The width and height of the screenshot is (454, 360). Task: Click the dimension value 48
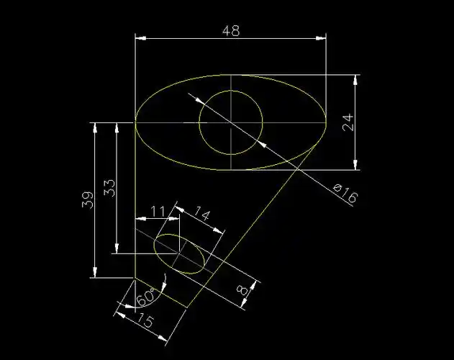tap(231, 31)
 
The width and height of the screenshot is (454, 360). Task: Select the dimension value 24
tap(348, 122)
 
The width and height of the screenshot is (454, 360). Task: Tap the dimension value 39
tap(88, 199)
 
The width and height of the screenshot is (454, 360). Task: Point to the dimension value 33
tap(109, 189)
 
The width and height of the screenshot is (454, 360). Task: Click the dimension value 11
tap(158, 212)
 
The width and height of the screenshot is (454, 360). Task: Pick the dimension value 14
tap(201, 214)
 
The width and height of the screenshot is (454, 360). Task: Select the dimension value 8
tap(242, 289)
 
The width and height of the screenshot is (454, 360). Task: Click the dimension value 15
tap(145, 319)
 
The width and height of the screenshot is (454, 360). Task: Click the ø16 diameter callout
tap(346, 194)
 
